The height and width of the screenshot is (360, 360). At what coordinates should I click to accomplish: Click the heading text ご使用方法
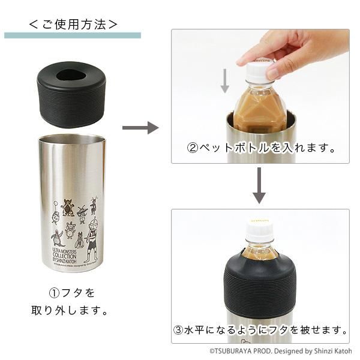73,25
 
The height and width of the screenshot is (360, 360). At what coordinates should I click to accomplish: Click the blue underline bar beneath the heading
73,35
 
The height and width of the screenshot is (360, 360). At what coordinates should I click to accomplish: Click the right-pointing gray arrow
140,128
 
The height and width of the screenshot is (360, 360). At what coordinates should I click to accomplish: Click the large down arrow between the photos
259,186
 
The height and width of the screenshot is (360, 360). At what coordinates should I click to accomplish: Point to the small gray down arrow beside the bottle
225,81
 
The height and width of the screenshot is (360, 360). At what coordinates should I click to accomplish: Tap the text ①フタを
72,293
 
